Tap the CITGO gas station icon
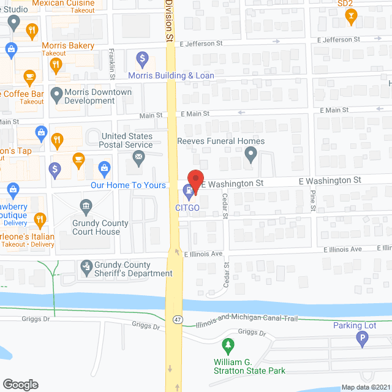[189, 198]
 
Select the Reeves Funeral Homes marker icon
[250, 156]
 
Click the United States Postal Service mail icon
[139, 160]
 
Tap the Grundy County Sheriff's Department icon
[86, 266]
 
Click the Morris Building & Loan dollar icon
[142, 59]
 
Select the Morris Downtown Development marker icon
[56, 95]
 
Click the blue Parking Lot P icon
[362, 338]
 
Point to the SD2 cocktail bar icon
[351, 17]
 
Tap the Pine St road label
[313, 200]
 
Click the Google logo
[20, 384]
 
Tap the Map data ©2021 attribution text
[365, 387]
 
